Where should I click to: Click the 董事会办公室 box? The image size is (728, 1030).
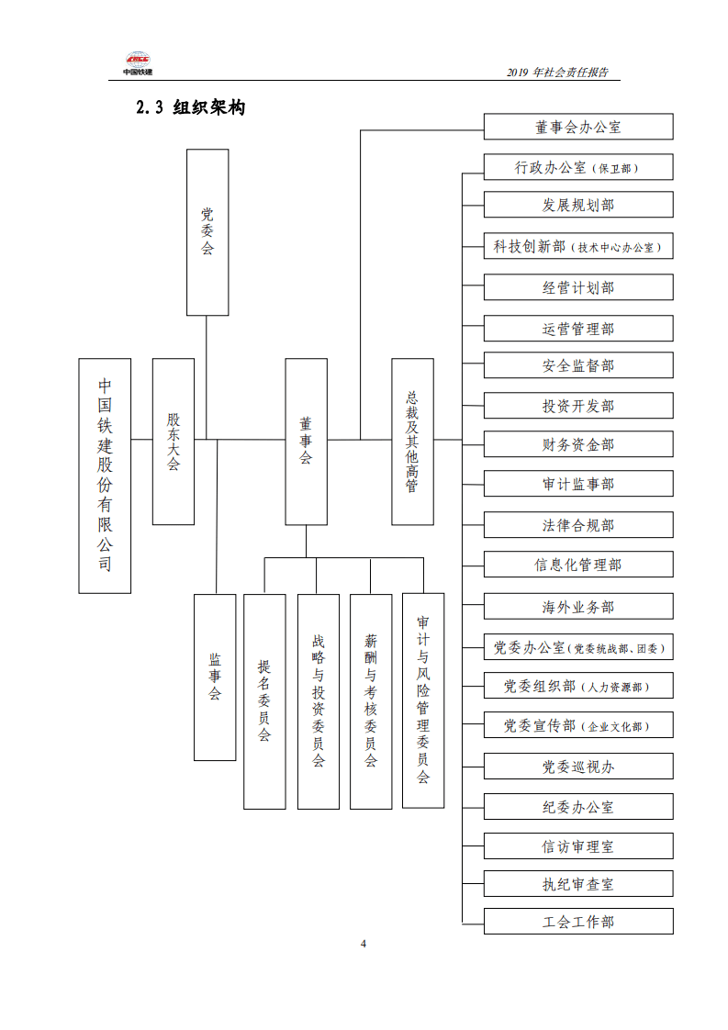click(x=578, y=127)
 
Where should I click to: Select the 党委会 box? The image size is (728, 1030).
click(x=207, y=232)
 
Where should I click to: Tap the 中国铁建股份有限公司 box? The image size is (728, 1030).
click(x=105, y=475)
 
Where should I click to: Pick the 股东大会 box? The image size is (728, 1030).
click(x=174, y=442)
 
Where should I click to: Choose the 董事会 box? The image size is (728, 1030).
click(x=306, y=442)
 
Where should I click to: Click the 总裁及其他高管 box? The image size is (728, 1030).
click(x=412, y=442)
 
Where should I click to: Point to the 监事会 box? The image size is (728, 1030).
click(x=215, y=677)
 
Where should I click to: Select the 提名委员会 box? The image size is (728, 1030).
click(x=264, y=701)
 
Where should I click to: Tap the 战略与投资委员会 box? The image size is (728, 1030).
click(x=318, y=701)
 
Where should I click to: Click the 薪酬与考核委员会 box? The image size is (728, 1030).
click(x=371, y=701)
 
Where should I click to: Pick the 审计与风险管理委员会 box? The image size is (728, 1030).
click(x=423, y=700)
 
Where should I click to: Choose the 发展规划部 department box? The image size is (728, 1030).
click(x=578, y=205)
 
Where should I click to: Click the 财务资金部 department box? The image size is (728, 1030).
click(x=578, y=445)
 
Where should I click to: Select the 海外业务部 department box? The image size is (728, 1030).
click(x=578, y=607)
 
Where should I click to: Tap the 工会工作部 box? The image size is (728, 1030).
click(x=578, y=922)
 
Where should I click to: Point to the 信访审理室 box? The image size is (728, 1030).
click(x=578, y=846)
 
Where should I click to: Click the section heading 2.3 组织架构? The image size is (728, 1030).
click(x=191, y=107)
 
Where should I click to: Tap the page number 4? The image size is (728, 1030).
click(x=364, y=944)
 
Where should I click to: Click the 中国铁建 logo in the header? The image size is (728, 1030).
click(x=139, y=63)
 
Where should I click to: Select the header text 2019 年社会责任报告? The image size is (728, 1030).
click(x=557, y=73)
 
